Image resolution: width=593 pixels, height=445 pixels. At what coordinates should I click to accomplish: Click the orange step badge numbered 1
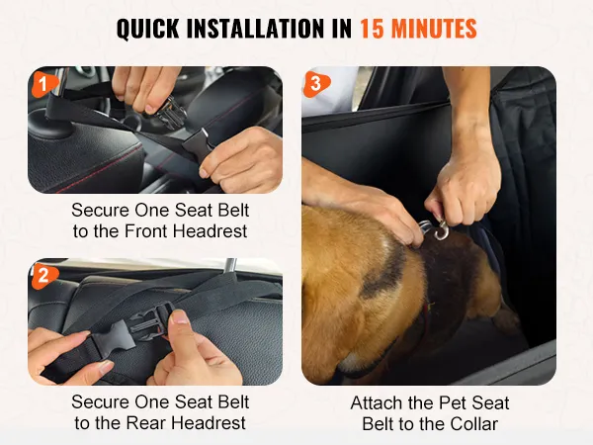point(44,84)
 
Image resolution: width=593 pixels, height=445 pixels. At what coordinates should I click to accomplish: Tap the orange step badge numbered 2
point(44,276)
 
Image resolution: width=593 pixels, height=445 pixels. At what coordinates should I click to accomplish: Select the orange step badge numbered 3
point(316,84)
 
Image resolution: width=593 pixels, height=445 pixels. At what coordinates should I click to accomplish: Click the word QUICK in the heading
point(148,29)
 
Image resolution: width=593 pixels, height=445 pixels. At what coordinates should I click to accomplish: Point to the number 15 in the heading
point(372,29)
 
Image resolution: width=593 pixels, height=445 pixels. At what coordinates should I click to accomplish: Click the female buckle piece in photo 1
point(198,145)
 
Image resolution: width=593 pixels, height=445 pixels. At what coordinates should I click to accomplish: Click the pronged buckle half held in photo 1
point(167,113)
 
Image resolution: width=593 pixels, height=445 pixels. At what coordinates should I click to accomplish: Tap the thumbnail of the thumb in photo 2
point(179,317)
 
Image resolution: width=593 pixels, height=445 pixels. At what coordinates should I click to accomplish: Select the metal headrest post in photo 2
point(229,264)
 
